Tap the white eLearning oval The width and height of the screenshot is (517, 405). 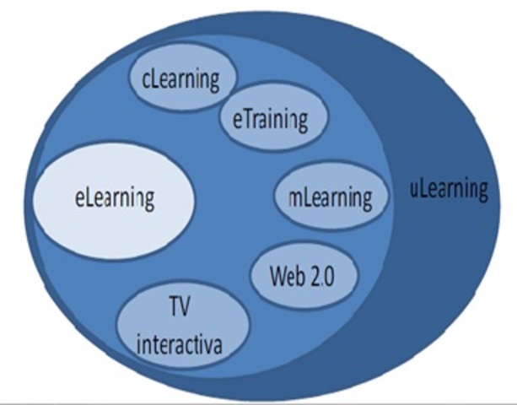pyautogui.click(x=114, y=199)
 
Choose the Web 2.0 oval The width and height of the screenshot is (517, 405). pyautogui.click(x=305, y=276)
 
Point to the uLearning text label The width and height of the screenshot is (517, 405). pyautogui.click(x=448, y=188)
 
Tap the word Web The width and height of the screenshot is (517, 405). pyautogui.click(x=287, y=276)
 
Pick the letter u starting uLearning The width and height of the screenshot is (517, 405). pyautogui.click(x=414, y=190)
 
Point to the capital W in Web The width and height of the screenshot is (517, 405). pyautogui.click(x=277, y=276)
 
